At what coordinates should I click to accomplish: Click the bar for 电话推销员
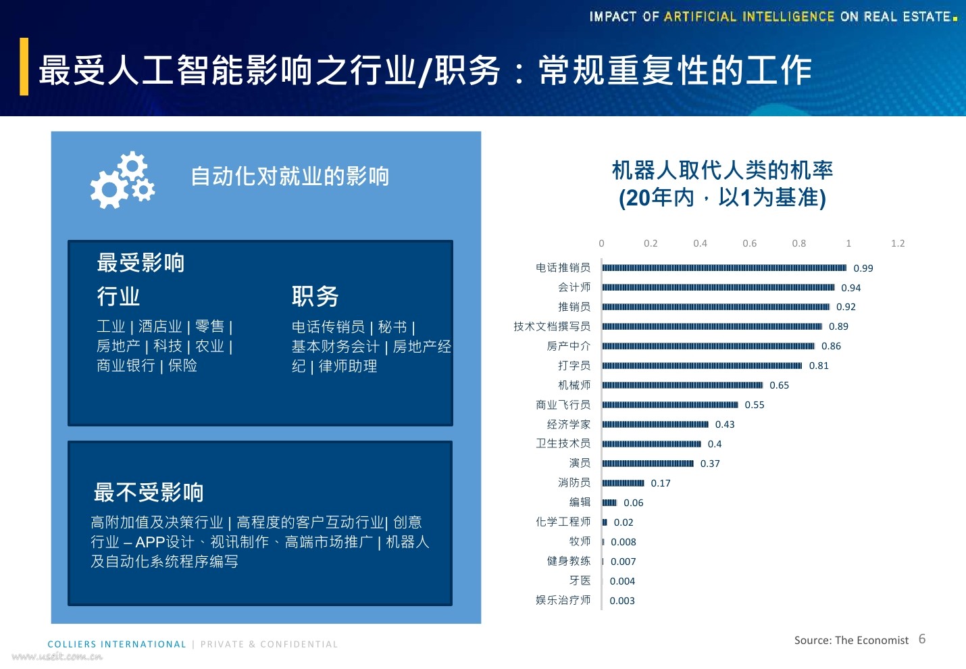[x=724, y=268]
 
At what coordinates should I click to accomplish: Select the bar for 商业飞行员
[x=670, y=405]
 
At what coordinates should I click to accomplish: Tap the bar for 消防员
[x=623, y=483]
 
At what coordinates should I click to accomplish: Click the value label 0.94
[x=850, y=288]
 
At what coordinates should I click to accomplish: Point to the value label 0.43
[x=724, y=424]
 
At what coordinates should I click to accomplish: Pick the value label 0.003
[x=621, y=601]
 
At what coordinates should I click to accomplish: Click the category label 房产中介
[x=568, y=346]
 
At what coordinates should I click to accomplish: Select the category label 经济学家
[x=568, y=424]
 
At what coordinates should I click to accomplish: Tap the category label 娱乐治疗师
[x=563, y=600]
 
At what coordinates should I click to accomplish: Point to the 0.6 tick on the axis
[x=749, y=243]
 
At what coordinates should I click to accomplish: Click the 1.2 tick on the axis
[x=897, y=243]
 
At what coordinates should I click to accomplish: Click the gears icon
[x=123, y=180]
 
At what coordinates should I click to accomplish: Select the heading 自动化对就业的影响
[x=290, y=176]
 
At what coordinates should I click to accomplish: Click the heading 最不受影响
[x=149, y=492]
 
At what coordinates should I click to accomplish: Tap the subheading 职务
[x=315, y=296]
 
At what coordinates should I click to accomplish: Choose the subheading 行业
[x=118, y=296]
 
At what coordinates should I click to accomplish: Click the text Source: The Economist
[x=851, y=640]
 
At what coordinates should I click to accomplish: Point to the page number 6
[x=922, y=639]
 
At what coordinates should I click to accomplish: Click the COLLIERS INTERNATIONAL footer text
[x=117, y=644]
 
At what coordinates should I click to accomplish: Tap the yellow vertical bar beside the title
[x=24, y=66]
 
